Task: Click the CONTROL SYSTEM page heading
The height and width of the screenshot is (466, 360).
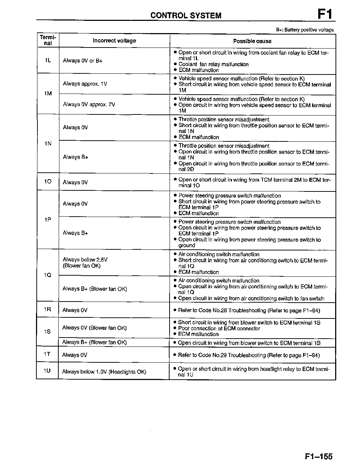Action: (x=186, y=15)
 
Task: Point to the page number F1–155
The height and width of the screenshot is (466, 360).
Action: (x=318, y=457)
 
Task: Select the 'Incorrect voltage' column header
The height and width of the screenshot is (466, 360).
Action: (x=114, y=41)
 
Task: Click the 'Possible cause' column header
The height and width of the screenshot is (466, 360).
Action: (x=252, y=41)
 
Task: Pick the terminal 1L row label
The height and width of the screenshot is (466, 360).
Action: (x=48, y=60)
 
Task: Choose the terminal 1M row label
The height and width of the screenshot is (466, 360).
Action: (x=48, y=94)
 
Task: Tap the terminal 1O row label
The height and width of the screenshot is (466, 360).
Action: (x=48, y=182)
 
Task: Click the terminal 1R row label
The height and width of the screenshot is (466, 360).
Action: (x=48, y=309)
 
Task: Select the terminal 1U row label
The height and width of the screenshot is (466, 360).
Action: (x=47, y=371)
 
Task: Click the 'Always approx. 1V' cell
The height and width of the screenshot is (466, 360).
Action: (x=85, y=84)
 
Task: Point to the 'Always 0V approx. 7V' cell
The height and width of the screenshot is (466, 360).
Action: (x=89, y=104)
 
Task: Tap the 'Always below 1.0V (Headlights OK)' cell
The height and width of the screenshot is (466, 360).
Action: (x=104, y=372)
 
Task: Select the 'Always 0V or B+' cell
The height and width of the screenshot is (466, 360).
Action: (x=82, y=61)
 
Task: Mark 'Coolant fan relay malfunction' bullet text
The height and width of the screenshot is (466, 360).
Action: (x=213, y=64)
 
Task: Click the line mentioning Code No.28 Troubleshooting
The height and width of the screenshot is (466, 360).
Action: (x=249, y=310)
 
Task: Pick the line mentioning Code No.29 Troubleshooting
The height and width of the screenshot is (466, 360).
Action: (x=248, y=355)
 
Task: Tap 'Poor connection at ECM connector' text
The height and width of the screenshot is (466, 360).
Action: (x=219, y=328)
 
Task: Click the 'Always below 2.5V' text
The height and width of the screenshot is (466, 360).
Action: (x=85, y=259)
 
